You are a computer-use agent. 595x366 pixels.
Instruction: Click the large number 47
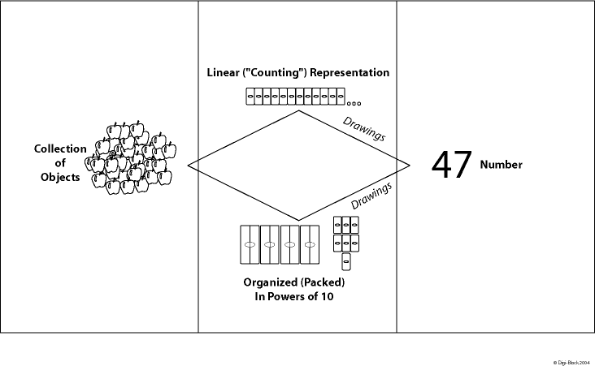click(451, 165)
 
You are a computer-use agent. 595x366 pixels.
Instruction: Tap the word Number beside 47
click(501, 165)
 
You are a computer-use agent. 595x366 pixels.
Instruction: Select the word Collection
click(59, 149)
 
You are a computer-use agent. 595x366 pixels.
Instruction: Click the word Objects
click(60, 177)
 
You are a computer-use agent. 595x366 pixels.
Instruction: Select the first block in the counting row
click(249, 98)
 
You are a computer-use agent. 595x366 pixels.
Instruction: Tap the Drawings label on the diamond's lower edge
click(371, 195)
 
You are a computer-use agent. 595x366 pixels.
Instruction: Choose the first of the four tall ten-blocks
click(250, 244)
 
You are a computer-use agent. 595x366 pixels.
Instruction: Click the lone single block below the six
click(345, 261)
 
